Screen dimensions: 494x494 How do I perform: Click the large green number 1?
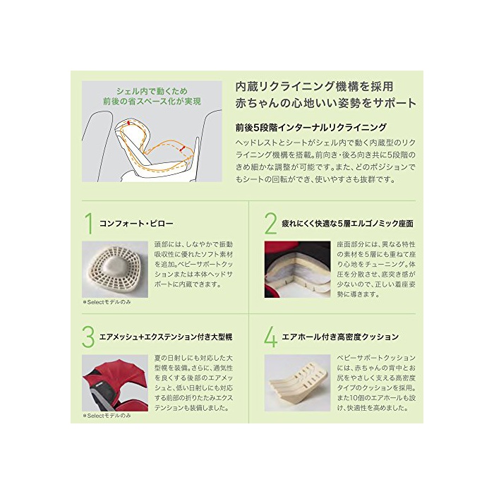(90, 224)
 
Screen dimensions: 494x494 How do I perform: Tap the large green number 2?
(270, 224)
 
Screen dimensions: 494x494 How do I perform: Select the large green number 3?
(88, 337)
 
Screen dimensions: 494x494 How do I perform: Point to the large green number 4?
(270, 337)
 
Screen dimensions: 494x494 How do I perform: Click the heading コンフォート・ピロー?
(136, 224)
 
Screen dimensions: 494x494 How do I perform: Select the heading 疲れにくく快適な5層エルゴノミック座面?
(347, 224)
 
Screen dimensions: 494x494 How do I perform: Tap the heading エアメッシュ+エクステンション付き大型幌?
(166, 337)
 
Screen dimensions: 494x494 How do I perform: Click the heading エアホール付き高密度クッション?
(340, 337)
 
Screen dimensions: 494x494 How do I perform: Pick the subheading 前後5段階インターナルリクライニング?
(311, 127)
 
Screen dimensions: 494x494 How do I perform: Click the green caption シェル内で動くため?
(152, 91)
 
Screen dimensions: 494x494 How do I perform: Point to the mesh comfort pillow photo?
(115, 270)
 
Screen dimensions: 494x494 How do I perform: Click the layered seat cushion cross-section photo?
(297, 270)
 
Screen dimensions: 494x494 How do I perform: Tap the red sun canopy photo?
(115, 382)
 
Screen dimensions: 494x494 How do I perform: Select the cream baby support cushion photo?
(297, 382)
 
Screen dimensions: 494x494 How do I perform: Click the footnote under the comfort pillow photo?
(107, 302)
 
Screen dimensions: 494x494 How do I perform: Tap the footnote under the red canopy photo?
(107, 416)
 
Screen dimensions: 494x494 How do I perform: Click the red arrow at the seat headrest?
(128, 123)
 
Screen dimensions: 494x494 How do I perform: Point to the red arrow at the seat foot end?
(181, 148)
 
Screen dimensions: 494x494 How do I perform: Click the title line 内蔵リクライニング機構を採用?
(315, 86)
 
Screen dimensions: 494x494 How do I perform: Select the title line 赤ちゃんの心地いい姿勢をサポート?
(326, 103)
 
